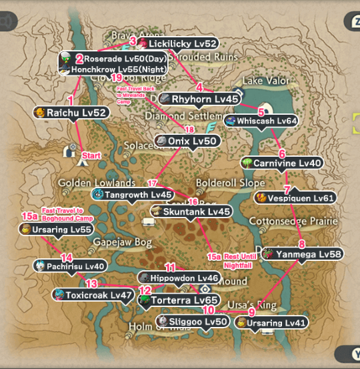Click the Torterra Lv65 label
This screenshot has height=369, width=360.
[183, 300]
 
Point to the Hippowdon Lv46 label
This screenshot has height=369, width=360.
[179, 278]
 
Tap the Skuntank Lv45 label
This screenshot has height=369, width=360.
[190, 211]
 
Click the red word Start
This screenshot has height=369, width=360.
[91, 155]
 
